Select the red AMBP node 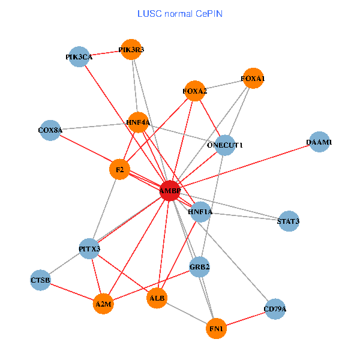170,190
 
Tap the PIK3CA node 79,57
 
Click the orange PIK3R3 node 131,50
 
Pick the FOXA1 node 253,78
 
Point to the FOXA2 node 195,91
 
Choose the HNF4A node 138,122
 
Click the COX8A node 50,130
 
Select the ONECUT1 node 224,145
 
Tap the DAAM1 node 319,142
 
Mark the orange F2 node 120,170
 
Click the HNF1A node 200,212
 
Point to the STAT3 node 289,221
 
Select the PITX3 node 89,248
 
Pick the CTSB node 40,280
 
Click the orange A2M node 103,304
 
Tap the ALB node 157,298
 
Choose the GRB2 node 199,267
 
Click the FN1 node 216,329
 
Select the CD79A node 275,310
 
